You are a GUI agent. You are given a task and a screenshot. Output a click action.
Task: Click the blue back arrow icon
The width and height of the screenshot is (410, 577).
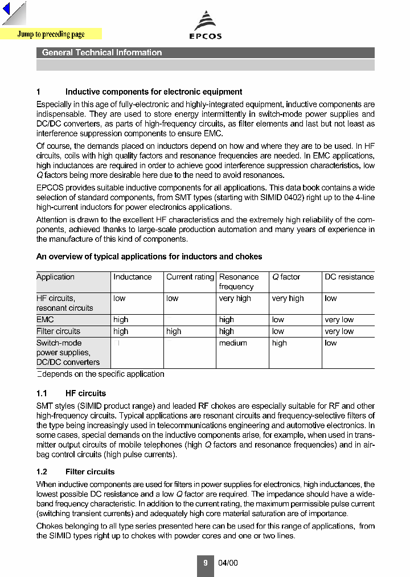pyautogui.click(x=7, y=10)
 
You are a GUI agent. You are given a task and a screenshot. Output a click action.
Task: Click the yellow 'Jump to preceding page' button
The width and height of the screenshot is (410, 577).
pyautogui.click(x=51, y=34)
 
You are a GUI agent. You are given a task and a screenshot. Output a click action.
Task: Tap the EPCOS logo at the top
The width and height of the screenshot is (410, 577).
pyautogui.click(x=206, y=26)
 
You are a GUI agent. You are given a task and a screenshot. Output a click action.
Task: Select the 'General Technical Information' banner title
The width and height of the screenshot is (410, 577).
pyautogui.click(x=102, y=52)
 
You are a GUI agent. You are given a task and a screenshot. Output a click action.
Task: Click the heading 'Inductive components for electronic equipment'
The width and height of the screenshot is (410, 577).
pyautogui.click(x=154, y=92)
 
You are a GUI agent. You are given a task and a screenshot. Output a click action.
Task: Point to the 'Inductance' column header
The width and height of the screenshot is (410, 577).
pyautogui.click(x=133, y=277)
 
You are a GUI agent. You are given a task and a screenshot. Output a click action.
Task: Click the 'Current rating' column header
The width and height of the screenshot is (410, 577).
pyautogui.click(x=190, y=277)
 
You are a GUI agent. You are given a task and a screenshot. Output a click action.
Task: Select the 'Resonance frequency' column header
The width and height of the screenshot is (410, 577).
pyautogui.click(x=239, y=282)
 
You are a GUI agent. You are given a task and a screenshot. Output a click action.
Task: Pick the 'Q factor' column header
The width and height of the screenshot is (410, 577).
pyautogui.click(x=286, y=277)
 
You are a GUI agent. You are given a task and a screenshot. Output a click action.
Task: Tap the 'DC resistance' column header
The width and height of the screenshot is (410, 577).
pyautogui.click(x=349, y=277)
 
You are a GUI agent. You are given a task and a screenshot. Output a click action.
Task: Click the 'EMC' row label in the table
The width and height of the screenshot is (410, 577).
pyautogui.click(x=45, y=320)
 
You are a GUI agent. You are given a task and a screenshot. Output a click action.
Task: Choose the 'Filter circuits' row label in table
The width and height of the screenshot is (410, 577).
pyautogui.click(x=58, y=331)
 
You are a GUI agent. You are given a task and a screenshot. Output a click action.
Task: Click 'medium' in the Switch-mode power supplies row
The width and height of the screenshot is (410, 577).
pyautogui.click(x=233, y=343)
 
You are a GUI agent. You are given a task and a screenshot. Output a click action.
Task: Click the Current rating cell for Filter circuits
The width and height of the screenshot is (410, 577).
pyautogui.click(x=174, y=331)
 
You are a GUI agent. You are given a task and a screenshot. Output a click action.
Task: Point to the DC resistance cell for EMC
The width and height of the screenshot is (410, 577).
pyautogui.click(x=339, y=320)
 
